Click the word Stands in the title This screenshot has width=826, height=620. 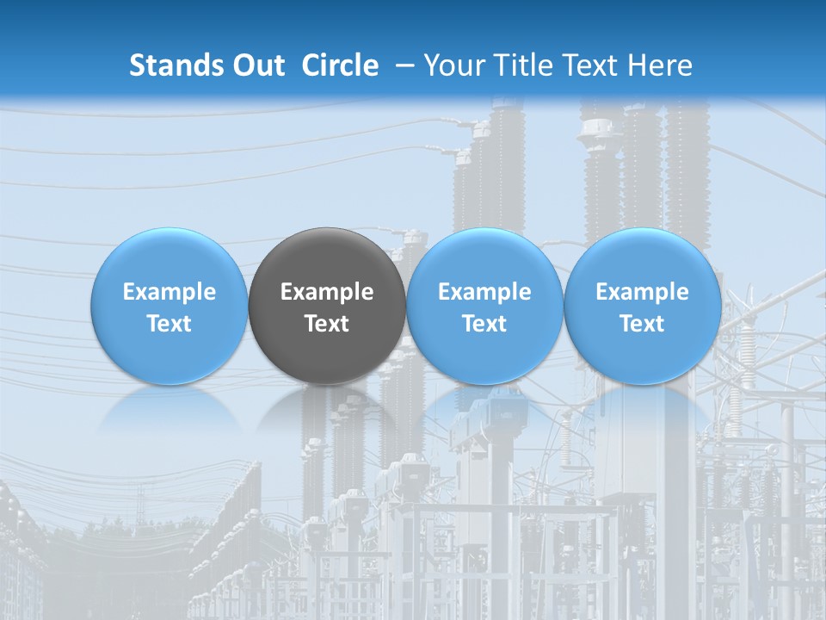pyautogui.click(x=170, y=65)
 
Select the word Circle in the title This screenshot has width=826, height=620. pyautogui.click(x=340, y=65)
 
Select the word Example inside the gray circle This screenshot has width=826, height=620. pyautogui.click(x=327, y=292)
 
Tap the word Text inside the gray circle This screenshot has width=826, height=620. pyautogui.click(x=327, y=324)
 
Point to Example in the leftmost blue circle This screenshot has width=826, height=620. pyautogui.click(x=170, y=292)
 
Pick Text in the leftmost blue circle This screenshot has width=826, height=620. pyautogui.click(x=170, y=324)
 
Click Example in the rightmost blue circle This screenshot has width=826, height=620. pyautogui.click(x=643, y=292)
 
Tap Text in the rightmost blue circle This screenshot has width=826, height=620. pyautogui.click(x=643, y=324)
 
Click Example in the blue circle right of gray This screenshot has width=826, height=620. pyautogui.click(x=484, y=292)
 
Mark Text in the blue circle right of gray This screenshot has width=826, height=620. pyautogui.click(x=484, y=324)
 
